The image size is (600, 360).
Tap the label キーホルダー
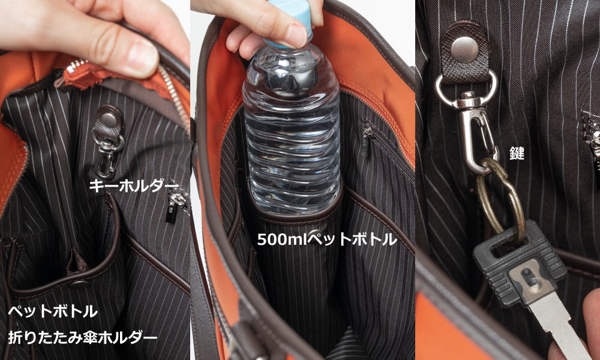134,186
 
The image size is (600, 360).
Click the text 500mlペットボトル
327,239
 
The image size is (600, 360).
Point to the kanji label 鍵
517,153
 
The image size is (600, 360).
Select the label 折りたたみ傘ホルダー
83,337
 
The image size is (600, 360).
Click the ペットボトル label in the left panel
53,311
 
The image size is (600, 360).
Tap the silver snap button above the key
464,49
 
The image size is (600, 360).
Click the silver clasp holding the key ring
475,130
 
